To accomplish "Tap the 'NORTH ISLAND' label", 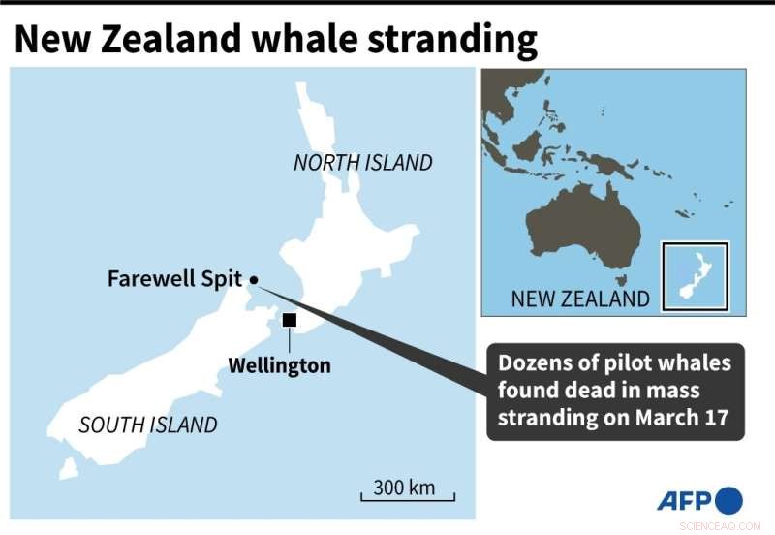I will (362, 163).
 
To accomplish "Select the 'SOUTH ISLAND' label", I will (148, 425).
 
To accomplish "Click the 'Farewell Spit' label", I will (174, 280).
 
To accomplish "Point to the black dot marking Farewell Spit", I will (254, 280).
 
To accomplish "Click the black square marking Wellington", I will (289, 320).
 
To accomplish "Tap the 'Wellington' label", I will (279, 365).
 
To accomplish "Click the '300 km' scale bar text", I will (405, 487).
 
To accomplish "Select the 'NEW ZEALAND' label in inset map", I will (580, 299).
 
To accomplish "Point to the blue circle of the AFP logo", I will (729, 500).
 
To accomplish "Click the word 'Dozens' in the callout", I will (534, 363).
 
